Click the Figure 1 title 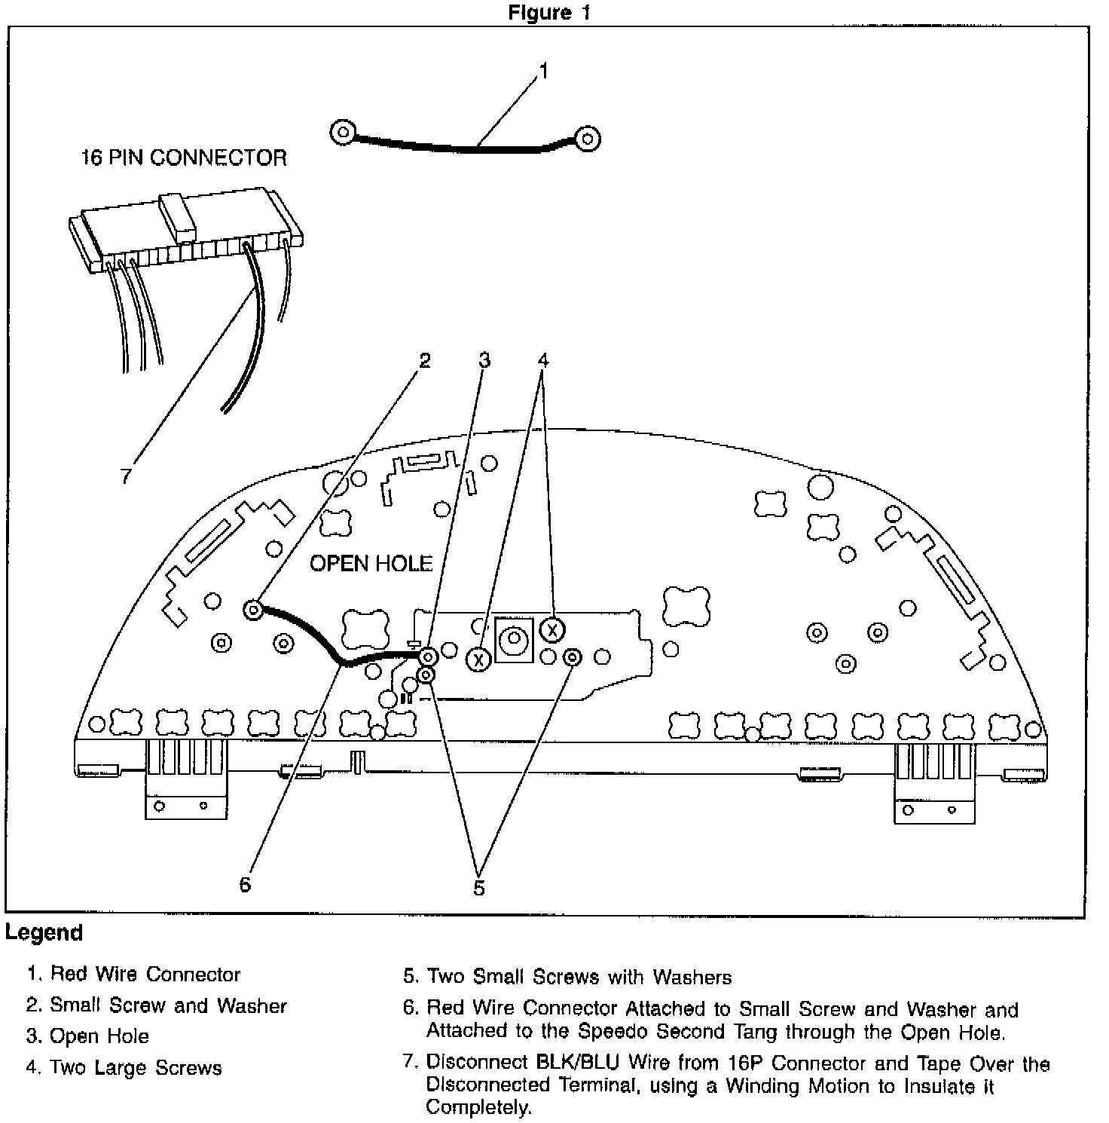549,13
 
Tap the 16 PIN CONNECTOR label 184,158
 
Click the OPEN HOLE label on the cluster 371,563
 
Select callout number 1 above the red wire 543,72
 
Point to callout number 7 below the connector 126,476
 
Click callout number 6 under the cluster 245,884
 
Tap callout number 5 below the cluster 479,888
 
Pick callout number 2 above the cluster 425,361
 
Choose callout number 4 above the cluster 542,361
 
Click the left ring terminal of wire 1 343,133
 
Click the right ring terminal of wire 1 587,138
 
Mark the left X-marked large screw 478,659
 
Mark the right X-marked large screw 552,629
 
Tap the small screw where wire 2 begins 254,609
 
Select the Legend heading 44,933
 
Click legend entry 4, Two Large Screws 124,1068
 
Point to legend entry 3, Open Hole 88,1036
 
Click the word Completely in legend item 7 478,1108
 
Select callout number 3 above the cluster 484,361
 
